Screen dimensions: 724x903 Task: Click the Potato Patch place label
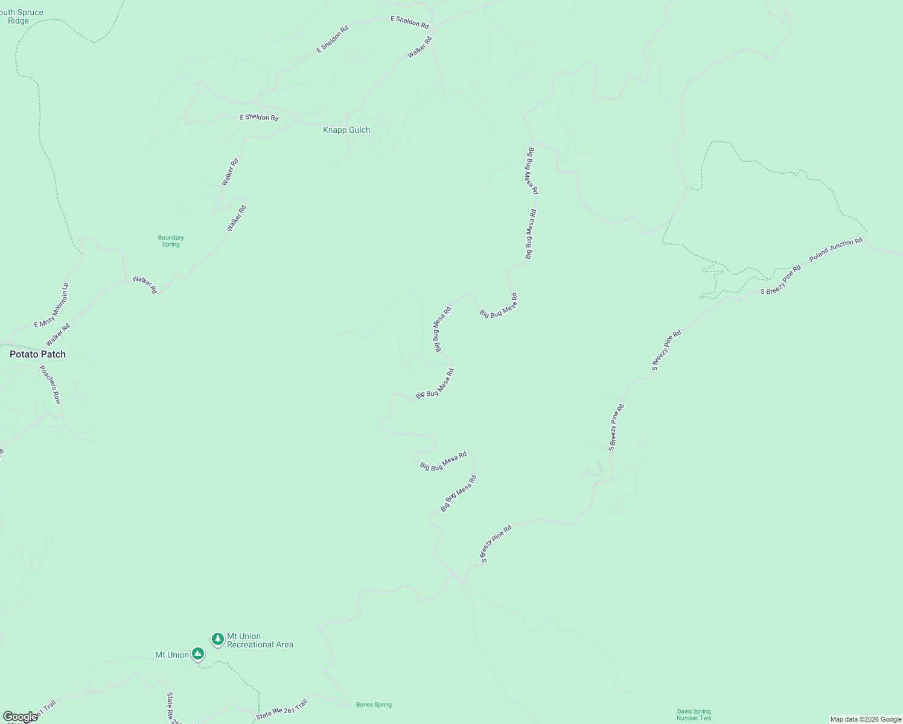point(37,354)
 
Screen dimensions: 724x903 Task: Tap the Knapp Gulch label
point(346,130)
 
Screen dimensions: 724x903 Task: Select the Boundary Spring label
point(171,241)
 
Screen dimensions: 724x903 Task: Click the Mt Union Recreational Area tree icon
point(218,639)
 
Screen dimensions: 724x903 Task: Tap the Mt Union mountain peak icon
point(198,654)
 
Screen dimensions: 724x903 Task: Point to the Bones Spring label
point(374,705)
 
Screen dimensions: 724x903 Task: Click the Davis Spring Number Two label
point(694,714)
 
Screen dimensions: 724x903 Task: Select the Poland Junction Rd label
point(836,249)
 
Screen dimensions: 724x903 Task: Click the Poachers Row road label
point(51,384)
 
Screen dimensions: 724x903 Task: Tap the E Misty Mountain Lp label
point(51,305)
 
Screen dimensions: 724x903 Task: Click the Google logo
point(20,717)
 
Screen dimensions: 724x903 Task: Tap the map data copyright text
point(866,719)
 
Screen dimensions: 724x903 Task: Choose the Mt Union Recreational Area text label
point(260,640)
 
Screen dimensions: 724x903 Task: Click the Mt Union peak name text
point(172,655)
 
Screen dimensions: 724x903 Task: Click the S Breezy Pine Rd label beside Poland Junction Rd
point(780,280)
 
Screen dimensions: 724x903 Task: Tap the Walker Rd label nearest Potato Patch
point(58,335)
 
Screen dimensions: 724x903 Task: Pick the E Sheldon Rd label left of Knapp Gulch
point(259,117)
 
